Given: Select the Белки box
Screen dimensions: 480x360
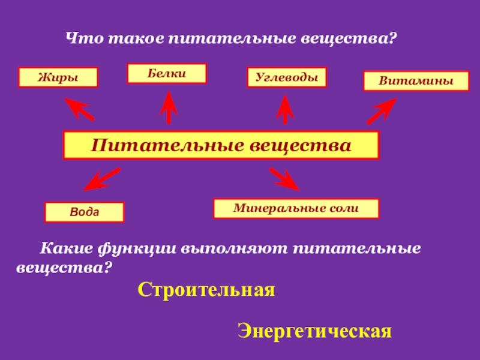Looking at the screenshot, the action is (x=167, y=73).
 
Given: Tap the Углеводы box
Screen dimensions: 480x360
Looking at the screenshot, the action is (x=287, y=77).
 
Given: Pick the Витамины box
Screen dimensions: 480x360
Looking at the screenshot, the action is (x=416, y=81).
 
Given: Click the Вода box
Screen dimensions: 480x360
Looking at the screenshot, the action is (x=84, y=212).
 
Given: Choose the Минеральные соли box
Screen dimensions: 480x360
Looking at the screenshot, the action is (x=296, y=208).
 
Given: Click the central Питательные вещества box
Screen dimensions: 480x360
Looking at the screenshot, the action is (x=221, y=145).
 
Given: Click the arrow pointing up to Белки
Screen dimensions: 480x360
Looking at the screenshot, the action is (x=169, y=107).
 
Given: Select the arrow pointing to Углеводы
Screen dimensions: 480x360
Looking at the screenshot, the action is (x=284, y=109).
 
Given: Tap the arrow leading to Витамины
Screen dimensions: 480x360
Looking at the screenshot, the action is (x=381, y=111).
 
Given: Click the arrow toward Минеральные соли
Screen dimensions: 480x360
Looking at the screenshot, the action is (x=284, y=179).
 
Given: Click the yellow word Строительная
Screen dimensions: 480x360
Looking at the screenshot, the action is (x=206, y=290).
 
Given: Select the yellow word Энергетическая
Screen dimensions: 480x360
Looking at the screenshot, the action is (x=314, y=331).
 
